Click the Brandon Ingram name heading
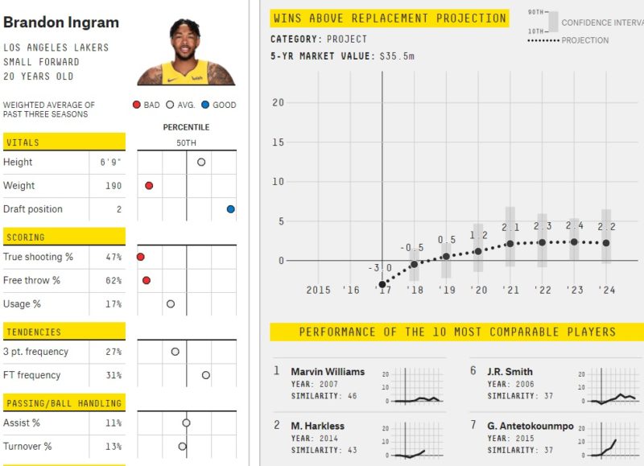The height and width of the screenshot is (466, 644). (x=61, y=23)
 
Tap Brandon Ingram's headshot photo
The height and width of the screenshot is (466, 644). (x=186, y=53)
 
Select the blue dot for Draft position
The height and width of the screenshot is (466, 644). (x=231, y=209)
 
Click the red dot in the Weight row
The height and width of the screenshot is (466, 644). (x=149, y=186)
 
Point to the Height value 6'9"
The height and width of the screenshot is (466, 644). (x=111, y=162)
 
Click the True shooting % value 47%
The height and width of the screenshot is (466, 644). (x=113, y=257)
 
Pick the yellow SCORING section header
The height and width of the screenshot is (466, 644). (x=64, y=237)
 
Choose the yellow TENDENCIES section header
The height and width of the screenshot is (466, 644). (x=64, y=332)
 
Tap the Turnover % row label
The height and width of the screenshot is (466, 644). (x=27, y=447)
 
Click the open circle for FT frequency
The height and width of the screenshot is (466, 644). (x=206, y=375)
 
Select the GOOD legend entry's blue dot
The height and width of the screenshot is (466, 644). (x=206, y=105)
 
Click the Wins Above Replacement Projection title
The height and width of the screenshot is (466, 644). (x=390, y=19)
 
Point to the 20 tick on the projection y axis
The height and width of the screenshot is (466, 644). (x=279, y=102)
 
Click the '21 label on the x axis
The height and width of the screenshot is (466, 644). (x=510, y=290)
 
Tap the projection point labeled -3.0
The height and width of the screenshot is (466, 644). (x=382, y=284)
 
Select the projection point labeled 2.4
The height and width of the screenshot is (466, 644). (x=574, y=241)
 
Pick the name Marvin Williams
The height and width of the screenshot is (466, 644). (x=328, y=372)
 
